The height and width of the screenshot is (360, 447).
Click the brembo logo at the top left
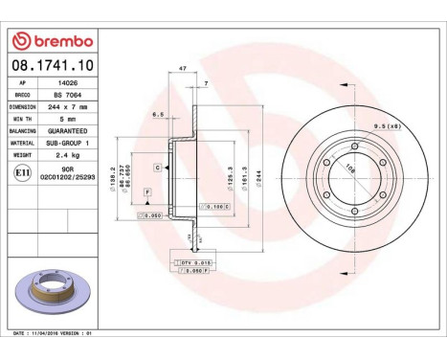[x=51, y=42]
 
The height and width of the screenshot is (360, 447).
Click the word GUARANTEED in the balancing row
[x=68, y=130]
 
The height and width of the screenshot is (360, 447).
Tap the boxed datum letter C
[x=156, y=168]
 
